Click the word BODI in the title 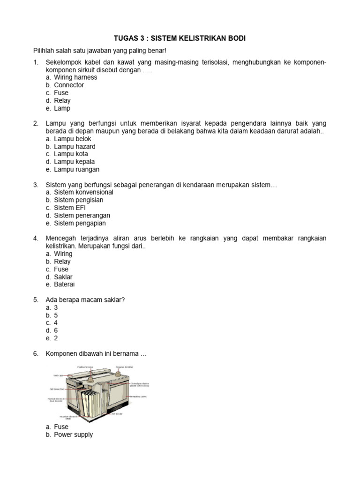[235, 38]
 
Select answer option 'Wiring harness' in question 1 [75, 77]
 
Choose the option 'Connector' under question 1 [69, 85]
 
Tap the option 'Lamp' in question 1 [62, 108]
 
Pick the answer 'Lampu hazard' [75, 147]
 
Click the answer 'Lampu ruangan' [76, 170]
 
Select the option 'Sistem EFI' [70, 208]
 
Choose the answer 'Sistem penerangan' [82, 216]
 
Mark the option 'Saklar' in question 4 [63, 277]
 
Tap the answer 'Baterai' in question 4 [64, 285]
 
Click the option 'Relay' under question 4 [62, 262]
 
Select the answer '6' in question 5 [56, 330]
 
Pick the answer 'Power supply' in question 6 [73, 435]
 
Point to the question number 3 [36, 185]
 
